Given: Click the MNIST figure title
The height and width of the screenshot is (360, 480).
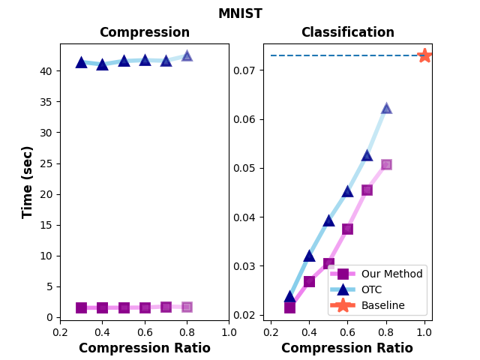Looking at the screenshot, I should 240,13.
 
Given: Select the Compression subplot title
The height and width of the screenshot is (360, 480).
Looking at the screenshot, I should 144,32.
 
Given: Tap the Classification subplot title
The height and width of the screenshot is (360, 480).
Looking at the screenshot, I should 347,32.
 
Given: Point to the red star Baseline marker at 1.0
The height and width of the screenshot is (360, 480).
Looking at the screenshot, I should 424,55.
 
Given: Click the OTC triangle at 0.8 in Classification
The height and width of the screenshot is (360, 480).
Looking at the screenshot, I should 386,108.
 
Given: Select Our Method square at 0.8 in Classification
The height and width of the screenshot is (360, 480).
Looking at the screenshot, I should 386,164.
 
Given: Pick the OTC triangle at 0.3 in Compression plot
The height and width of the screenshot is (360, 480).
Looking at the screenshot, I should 81,61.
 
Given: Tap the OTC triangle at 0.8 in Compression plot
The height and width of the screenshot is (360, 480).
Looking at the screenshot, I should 187,55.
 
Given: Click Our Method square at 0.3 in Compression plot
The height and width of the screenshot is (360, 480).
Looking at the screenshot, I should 81,307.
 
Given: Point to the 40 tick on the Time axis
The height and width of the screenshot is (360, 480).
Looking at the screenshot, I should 47,71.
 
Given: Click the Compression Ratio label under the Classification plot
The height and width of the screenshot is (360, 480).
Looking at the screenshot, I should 347,349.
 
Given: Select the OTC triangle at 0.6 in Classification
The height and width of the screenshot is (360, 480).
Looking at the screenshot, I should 347,190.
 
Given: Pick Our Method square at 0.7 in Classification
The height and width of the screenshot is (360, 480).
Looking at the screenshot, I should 367,190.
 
